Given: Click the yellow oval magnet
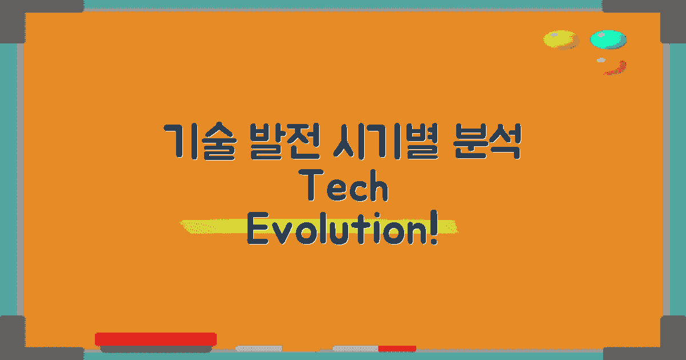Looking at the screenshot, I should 560,39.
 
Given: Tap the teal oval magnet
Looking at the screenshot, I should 608,39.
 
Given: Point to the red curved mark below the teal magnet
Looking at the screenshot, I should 616,68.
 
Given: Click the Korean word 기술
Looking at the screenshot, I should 198,142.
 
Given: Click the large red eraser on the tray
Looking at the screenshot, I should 155,339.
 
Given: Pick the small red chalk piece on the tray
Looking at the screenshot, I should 397,348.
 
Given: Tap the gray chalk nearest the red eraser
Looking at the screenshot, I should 259,348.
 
